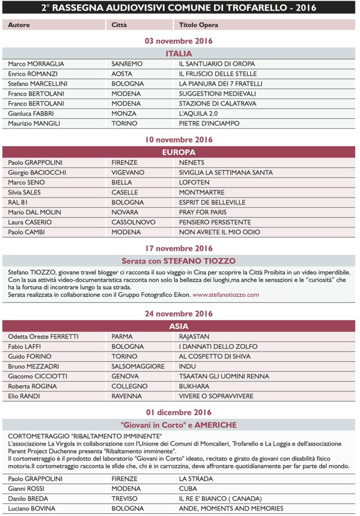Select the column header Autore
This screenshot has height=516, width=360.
point(19,25)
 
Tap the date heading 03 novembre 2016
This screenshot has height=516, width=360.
point(179,41)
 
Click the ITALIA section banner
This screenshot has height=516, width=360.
point(179,53)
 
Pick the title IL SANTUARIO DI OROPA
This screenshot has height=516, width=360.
point(217,64)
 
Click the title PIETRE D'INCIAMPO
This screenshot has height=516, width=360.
point(209,123)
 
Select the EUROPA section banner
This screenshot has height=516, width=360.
point(179,152)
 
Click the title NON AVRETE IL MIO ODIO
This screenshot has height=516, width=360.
point(220,232)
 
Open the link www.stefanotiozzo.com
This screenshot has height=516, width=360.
point(226,294)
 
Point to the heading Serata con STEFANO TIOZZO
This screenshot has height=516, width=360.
point(179,261)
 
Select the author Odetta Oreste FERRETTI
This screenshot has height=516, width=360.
point(43,336)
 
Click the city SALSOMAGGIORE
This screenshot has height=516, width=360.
point(138,366)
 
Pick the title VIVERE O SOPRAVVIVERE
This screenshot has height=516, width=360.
point(217,396)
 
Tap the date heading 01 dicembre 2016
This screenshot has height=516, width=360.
point(179,412)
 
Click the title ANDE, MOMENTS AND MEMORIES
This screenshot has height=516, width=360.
point(231,508)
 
